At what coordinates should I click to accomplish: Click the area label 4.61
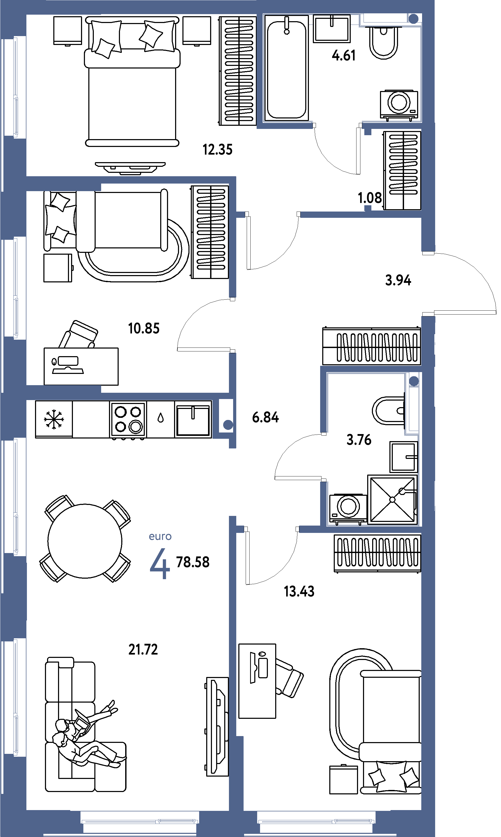[344, 55]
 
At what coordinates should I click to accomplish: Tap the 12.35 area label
[218, 149]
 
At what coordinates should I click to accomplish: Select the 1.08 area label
[370, 198]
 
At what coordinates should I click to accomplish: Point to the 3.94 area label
[398, 280]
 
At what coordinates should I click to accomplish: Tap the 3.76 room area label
[359, 440]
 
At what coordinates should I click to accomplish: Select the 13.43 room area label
[299, 591]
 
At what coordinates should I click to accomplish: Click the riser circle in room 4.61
[413, 19]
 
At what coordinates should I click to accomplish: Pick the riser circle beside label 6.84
[228, 425]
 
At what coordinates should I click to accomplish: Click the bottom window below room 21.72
[140, 822]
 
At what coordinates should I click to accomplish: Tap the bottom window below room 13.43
[316, 822]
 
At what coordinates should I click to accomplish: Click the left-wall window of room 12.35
[15, 87]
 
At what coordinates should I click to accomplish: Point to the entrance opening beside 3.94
[428, 284]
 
